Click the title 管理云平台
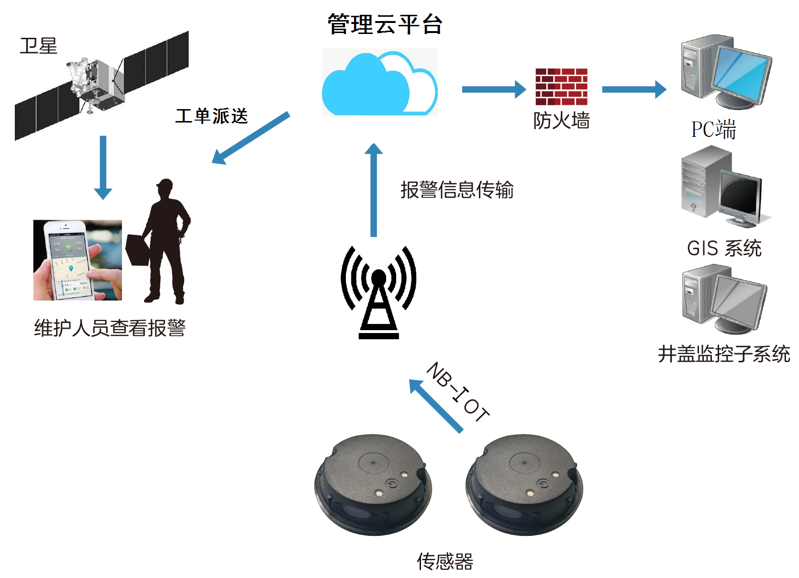point(385,24)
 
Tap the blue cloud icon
point(379,83)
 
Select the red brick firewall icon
point(561,87)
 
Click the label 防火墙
point(561,120)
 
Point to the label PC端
point(713,129)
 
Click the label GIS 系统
point(724,248)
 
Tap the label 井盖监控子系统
point(724,354)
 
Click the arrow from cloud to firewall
point(494,89)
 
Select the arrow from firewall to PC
point(634,89)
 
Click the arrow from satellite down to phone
point(103,167)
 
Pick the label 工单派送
point(211,116)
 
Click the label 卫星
point(39,46)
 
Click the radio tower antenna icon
point(378,292)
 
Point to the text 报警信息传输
point(457,189)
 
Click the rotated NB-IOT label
point(458,392)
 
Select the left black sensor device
point(373,485)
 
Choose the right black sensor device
point(524,485)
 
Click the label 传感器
point(445,562)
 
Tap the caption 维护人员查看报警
point(110,328)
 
